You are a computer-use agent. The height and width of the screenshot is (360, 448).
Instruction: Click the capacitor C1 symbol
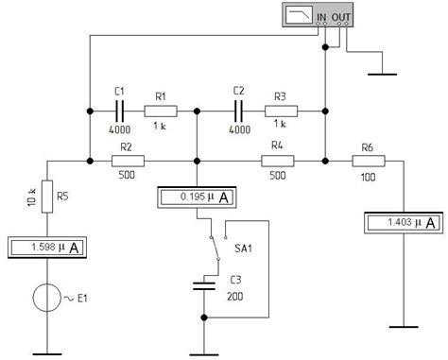[120, 111]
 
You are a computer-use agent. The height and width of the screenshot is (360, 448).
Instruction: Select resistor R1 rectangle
[159, 111]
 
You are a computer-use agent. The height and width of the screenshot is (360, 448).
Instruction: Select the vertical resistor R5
[48, 197]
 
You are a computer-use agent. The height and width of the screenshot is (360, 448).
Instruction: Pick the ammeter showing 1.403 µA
[403, 223]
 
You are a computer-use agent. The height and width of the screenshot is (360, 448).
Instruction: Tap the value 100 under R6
[364, 176]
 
